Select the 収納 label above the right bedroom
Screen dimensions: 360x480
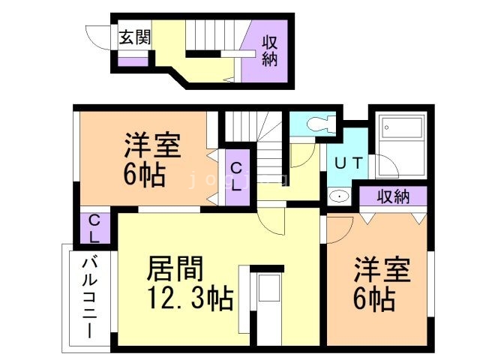pyautogui.click(x=392, y=197)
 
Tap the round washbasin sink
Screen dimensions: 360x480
pyautogui.click(x=339, y=196)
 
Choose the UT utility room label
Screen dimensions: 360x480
pyautogui.click(x=349, y=162)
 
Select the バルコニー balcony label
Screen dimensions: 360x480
pyautogui.click(x=89, y=297)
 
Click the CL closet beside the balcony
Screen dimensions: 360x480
pyautogui.click(x=95, y=229)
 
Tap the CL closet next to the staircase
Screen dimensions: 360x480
pyautogui.click(x=236, y=178)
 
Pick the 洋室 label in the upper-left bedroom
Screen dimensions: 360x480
pyautogui.click(x=152, y=145)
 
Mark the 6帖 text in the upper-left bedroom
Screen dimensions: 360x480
pyautogui.click(x=144, y=175)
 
